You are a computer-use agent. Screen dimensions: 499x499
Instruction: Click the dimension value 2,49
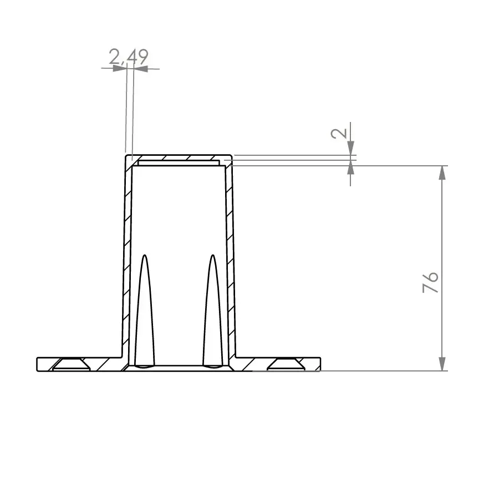click(x=128, y=57)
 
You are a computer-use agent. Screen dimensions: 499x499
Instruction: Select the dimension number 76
click(x=431, y=282)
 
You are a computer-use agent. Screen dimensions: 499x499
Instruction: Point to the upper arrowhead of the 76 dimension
click(x=442, y=172)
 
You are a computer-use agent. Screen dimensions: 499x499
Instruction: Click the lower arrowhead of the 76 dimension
click(x=442, y=364)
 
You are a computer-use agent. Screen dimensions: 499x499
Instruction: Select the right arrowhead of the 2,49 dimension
click(x=140, y=69)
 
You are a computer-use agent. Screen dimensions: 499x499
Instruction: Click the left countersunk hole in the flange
click(x=70, y=364)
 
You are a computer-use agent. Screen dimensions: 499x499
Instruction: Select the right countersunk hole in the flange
click(x=287, y=364)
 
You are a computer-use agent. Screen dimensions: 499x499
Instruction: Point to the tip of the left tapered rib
click(x=145, y=256)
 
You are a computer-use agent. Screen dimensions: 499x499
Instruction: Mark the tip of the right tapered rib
click(x=212, y=256)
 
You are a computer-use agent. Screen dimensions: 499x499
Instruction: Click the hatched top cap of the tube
click(x=177, y=158)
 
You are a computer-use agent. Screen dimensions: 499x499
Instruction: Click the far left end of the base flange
click(x=38, y=364)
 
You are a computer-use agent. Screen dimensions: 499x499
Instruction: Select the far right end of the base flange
click(x=321, y=364)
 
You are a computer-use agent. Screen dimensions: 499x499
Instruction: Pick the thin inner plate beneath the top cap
click(x=177, y=164)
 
